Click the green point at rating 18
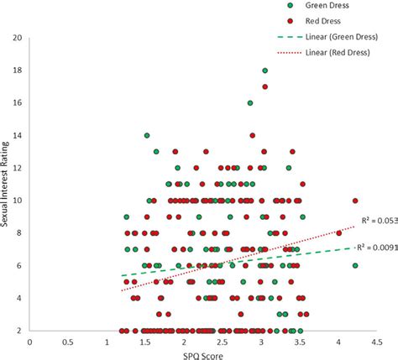pos(264,71)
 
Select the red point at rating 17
pos(264,86)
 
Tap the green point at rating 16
pos(249,103)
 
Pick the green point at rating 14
pos(147,135)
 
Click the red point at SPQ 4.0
pos(339,233)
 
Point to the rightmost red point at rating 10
pos(355,201)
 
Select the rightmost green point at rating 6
pos(355,265)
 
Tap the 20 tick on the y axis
pos(17,39)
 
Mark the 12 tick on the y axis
pos(17,169)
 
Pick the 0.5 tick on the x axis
pos(68,342)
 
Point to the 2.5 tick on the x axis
pos(223,342)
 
